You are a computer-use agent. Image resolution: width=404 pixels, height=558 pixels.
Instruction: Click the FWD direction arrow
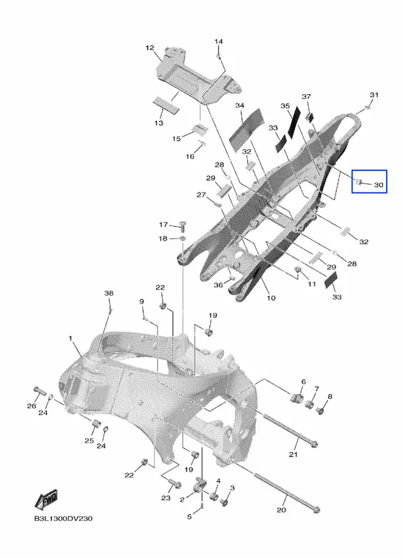tap(46, 499)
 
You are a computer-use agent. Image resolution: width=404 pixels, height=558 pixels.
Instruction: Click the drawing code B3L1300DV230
tap(63, 518)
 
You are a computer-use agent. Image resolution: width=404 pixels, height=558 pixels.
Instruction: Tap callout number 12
tap(150, 47)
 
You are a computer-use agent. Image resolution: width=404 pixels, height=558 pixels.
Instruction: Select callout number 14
tap(218, 41)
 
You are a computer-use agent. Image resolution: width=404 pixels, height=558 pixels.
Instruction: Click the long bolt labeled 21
tap(290, 430)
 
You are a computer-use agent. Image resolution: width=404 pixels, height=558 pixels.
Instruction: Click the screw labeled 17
tap(184, 225)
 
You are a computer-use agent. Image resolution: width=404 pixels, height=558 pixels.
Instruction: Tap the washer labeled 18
tap(181, 238)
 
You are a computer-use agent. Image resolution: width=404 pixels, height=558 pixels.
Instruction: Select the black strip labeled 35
tap(294, 122)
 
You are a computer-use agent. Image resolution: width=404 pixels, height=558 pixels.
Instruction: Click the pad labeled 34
tap(246, 130)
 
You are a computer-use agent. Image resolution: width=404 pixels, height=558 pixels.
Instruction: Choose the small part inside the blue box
tap(358, 182)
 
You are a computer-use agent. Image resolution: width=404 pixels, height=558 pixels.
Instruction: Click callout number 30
tap(378, 185)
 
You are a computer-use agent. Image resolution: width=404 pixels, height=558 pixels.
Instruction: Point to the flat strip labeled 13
tap(167, 104)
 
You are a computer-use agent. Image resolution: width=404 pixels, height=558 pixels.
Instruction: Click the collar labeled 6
tap(297, 398)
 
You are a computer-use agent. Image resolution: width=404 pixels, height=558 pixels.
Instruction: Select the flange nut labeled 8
tap(320, 411)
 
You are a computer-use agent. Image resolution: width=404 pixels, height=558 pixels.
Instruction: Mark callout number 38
tap(109, 293)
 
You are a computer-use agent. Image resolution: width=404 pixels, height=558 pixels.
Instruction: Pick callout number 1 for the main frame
tap(70, 338)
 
